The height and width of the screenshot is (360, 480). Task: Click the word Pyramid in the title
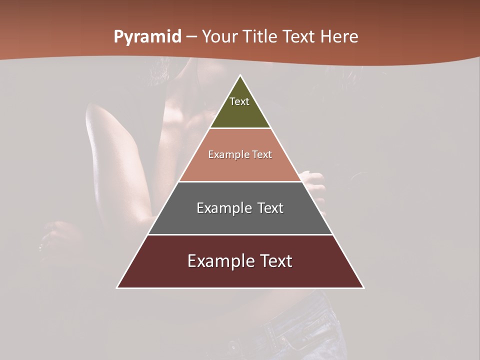tap(147, 37)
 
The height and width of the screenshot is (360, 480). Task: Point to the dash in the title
tap(192, 37)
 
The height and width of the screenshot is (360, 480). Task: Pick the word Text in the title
tap(300, 37)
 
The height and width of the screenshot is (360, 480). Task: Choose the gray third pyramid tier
tap(240, 220)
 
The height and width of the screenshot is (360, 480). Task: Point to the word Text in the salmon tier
tap(262, 155)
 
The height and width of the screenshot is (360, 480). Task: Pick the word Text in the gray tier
tap(270, 208)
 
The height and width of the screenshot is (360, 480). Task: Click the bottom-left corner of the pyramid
tap(117, 287)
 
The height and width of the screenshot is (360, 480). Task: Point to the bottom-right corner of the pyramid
tap(363, 287)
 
